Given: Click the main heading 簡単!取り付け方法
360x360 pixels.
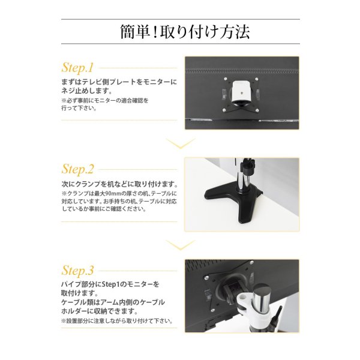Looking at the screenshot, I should tap(180, 31).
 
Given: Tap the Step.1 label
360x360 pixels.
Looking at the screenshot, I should tap(78, 67).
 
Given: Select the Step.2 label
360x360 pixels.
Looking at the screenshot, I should tap(78, 169).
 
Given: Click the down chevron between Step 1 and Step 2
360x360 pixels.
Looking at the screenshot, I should tap(180, 143).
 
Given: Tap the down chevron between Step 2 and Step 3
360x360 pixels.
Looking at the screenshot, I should tap(180, 244).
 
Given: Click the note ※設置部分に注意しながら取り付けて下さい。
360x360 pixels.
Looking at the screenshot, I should tap(118, 321).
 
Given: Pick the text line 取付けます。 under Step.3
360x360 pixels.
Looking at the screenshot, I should tap(79, 292).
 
